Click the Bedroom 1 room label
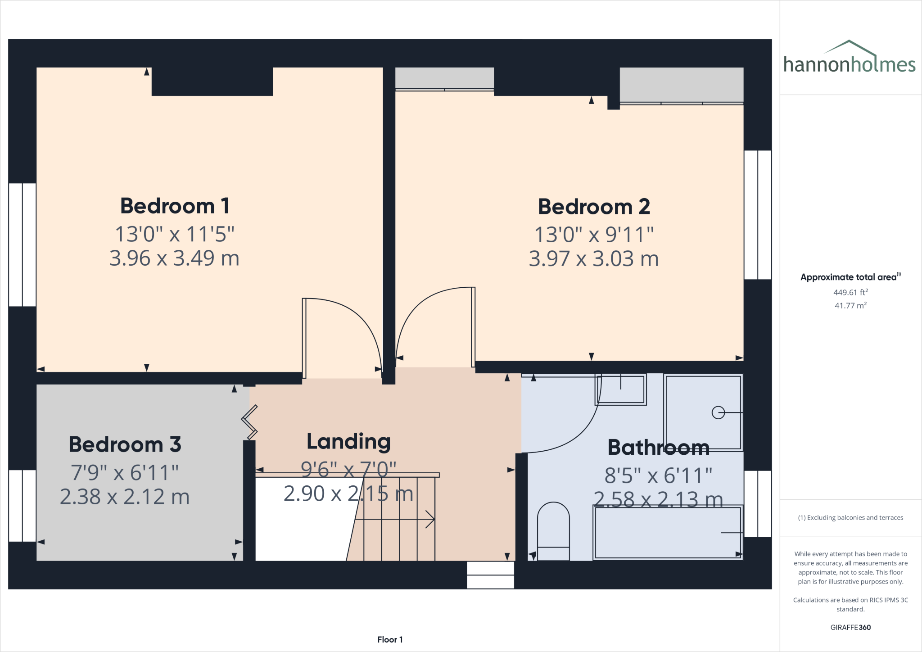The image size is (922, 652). pyautogui.click(x=175, y=206)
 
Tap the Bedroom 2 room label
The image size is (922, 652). pyautogui.click(x=594, y=207)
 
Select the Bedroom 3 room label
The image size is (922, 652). pyautogui.click(x=125, y=445)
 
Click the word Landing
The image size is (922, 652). pyautogui.click(x=348, y=442)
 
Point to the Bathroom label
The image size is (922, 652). pyautogui.click(x=658, y=448)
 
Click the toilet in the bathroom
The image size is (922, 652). pyautogui.click(x=553, y=531)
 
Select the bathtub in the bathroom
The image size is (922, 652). pyautogui.click(x=668, y=533)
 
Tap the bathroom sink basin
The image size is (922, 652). pyautogui.click(x=621, y=389)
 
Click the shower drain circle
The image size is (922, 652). pyautogui.click(x=718, y=412)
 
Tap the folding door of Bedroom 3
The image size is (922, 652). pyautogui.click(x=249, y=422)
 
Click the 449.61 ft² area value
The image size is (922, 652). pyautogui.click(x=850, y=292)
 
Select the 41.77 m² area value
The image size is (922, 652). pyautogui.click(x=850, y=306)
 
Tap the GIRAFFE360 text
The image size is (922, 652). pyautogui.click(x=850, y=627)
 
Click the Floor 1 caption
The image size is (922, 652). pyautogui.click(x=390, y=639)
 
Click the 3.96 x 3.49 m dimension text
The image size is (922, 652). pyautogui.click(x=175, y=258)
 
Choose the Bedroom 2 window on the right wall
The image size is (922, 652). pyautogui.click(x=758, y=215)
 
